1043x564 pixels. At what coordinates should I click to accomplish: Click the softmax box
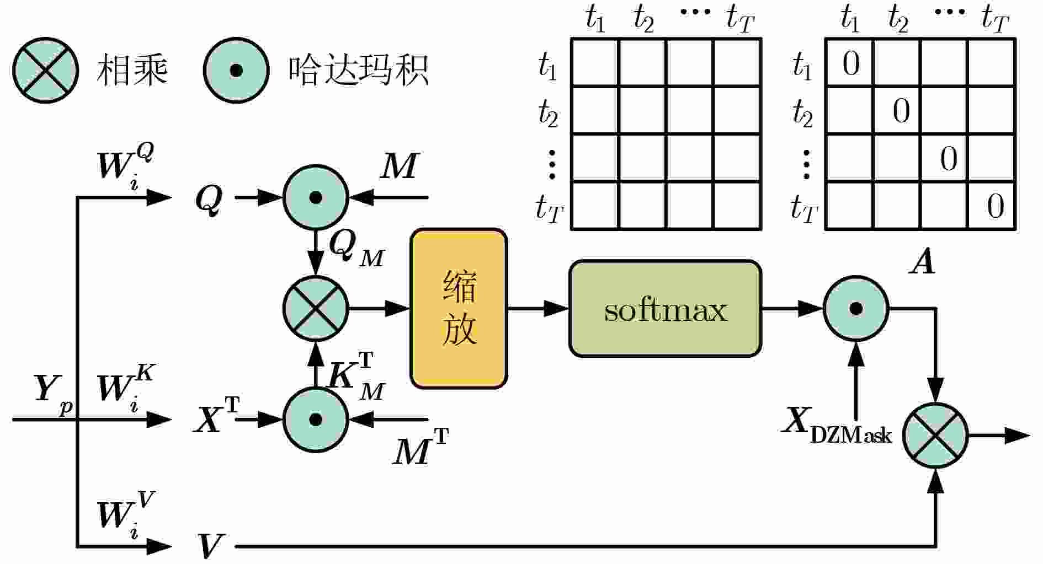[x=665, y=309]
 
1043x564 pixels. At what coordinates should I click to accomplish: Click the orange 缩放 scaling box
[x=459, y=309]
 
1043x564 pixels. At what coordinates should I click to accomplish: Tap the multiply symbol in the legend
[x=45, y=71]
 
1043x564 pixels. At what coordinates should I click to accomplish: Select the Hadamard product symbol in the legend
[x=236, y=71]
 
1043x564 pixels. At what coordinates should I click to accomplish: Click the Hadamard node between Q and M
[x=316, y=197]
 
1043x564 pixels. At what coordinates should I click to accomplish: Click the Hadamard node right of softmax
[x=855, y=309]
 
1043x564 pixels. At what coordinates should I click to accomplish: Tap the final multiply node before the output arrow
[x=936, y=436]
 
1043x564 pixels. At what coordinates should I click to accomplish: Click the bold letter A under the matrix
[x=922, y=261]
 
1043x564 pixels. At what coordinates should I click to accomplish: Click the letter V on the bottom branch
[x=210, y=546]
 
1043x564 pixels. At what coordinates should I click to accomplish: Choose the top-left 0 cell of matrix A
[x=850, y=63]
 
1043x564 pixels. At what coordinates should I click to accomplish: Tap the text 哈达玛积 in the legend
[x=358, y=71]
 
